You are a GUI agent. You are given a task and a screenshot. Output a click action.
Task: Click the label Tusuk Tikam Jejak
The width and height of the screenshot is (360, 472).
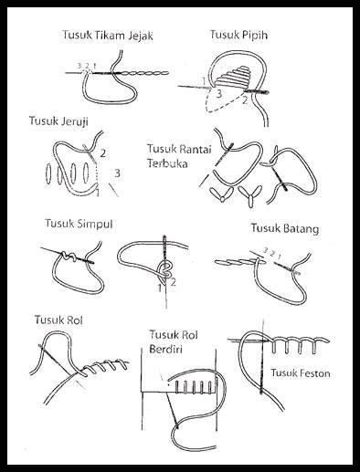click(108, 35)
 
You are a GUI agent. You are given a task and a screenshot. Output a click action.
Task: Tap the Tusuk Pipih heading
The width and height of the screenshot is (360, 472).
click(238, 35)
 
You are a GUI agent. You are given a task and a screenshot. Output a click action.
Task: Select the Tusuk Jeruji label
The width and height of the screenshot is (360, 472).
click(58, 121)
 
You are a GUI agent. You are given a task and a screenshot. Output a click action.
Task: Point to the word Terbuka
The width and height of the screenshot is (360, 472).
click(167, 163)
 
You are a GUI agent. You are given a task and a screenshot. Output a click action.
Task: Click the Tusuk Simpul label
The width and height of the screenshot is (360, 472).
click(79, 224)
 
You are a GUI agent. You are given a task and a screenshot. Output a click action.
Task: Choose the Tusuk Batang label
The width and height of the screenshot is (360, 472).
click(285, 228)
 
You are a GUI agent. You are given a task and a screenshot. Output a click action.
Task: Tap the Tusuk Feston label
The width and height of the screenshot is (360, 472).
click(301, 372)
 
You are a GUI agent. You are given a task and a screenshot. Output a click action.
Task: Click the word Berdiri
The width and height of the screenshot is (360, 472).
click(165, 349)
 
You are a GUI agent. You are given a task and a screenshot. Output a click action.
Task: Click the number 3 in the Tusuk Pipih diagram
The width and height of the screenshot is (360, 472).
click(218, 94)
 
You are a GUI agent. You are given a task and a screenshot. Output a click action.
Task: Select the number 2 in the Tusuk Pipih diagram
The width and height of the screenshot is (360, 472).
click(245, 100)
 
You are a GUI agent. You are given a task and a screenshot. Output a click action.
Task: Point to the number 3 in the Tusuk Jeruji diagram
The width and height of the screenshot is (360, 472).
click(117, 173)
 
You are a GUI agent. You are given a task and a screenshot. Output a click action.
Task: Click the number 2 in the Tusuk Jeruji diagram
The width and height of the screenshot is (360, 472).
click(103, 153)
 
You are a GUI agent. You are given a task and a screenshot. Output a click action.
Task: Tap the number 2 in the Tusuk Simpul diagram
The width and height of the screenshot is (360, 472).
click(173, 282)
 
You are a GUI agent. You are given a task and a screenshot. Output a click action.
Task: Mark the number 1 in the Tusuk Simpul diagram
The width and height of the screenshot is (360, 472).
click(160, 288)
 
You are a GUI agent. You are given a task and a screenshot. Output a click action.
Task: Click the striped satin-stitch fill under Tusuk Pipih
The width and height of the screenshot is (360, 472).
click(234, 76)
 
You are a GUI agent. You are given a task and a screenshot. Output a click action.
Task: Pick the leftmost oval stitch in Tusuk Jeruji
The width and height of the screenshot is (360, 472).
click(48, 173)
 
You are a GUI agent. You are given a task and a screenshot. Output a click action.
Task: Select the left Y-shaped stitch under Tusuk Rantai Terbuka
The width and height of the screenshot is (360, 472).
click(222, 194)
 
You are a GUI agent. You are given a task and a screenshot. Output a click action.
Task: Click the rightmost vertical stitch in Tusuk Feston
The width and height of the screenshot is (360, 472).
click(314, 348)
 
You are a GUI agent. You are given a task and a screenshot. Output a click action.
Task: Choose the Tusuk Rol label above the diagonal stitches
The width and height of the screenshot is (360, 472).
click(58, 320)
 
